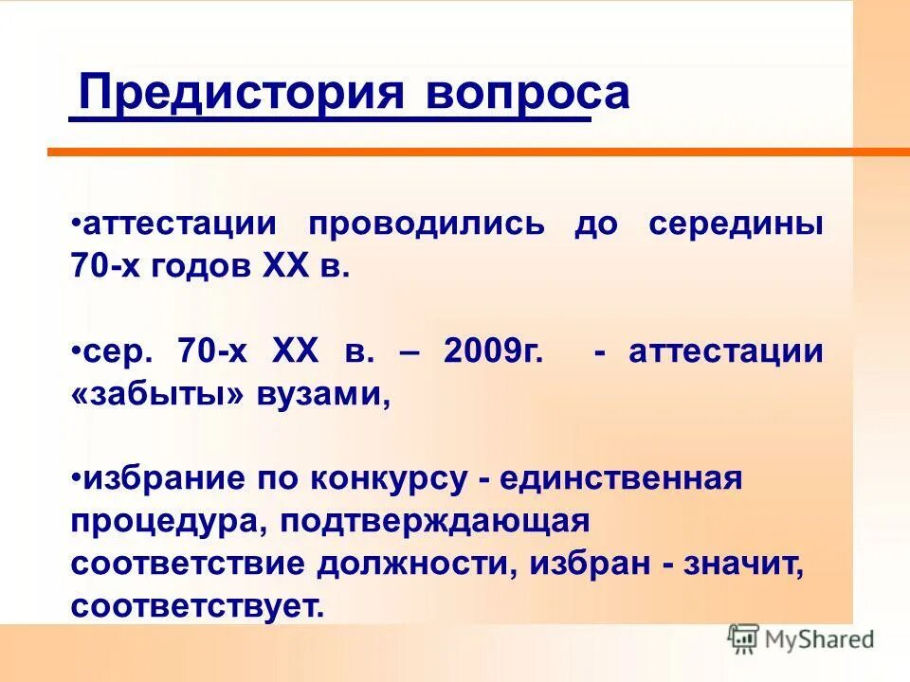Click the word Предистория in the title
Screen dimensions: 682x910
tap(237, 95)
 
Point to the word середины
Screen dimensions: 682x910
tap(736, 225)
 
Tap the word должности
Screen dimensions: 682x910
tap(417, 564)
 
